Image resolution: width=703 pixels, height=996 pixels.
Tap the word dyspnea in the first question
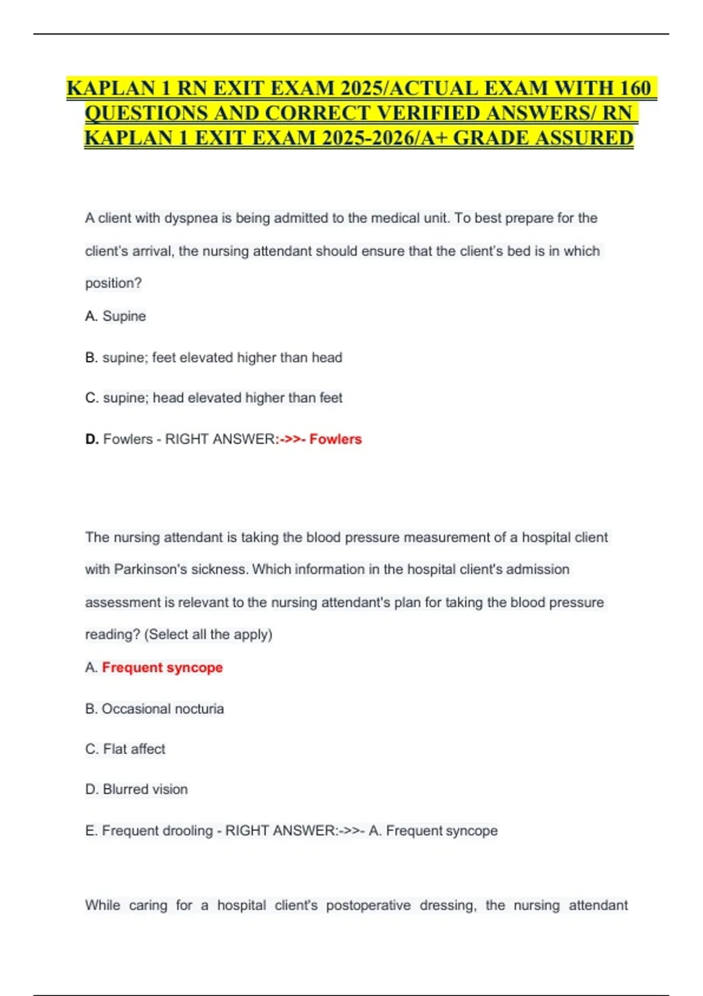(192, 219)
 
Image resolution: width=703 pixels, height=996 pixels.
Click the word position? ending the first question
(114, 284)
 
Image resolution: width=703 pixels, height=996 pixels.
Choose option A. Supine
(116, 316)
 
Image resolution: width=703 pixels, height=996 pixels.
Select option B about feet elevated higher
(214, 358)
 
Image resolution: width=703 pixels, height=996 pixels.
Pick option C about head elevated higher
(214, 398)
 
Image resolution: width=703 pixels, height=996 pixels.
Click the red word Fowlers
(335, 439)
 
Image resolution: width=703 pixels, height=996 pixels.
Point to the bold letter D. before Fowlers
(91, 439)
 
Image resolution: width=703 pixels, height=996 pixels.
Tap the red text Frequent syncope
(162, 668)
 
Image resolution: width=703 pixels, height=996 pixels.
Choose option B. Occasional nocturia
(155, 709)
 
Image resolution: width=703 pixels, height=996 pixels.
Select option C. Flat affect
(125, 749)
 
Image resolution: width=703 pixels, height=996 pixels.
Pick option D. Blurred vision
(136, 790)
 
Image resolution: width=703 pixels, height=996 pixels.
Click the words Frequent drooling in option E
(157, 831)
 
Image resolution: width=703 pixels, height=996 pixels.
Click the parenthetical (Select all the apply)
(208, 635)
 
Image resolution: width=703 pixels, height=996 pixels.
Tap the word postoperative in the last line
(368, 906)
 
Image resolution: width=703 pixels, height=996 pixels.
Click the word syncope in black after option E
(470, 831)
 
